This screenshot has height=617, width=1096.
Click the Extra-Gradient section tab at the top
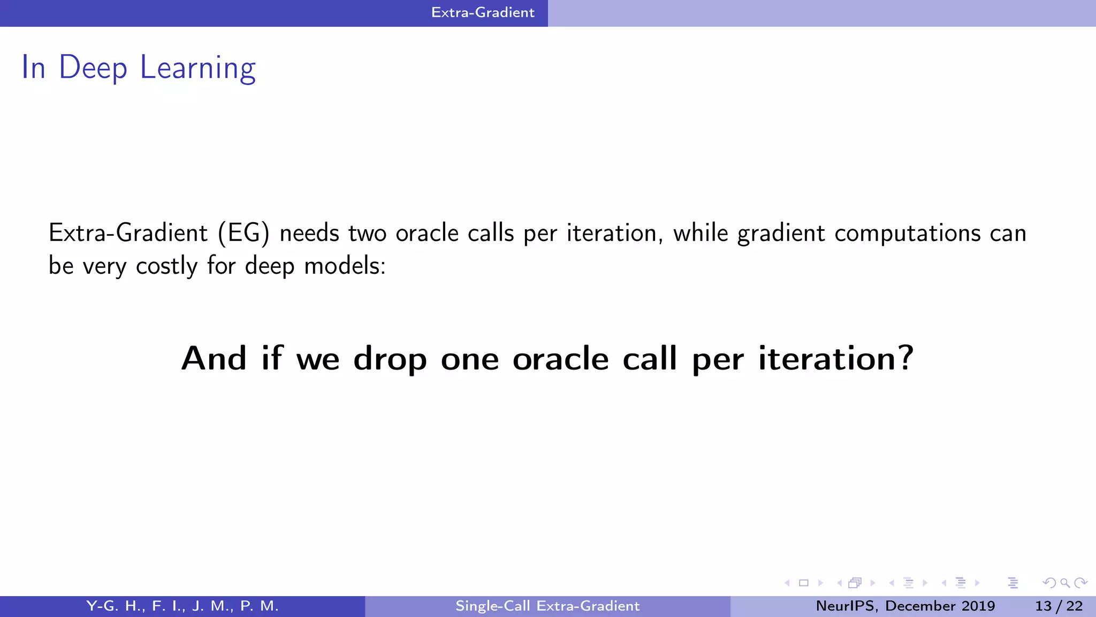click(x=483, y=12)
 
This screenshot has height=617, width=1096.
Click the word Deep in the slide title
click(x=93, y=69)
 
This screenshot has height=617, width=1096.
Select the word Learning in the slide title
click(x=197, y=69)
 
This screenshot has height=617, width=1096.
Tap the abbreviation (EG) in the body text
click(x=243, y=234)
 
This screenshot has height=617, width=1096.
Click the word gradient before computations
click(x=781, y=234)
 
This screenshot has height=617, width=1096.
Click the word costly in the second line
click(x=166, y=266)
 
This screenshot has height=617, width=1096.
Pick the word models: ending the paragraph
click(x=345, y=266)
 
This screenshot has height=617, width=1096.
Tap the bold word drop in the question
click(x=390, y=359)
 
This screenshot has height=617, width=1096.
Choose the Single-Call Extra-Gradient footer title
click(x=547, y=606)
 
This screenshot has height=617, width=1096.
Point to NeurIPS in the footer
click(x=846, y=606)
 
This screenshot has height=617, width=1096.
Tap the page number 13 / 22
click(x=1059, y=606)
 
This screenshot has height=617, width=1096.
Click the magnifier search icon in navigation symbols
click(x=1065, y=583)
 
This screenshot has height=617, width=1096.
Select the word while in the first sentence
click(x=701, y=234)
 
